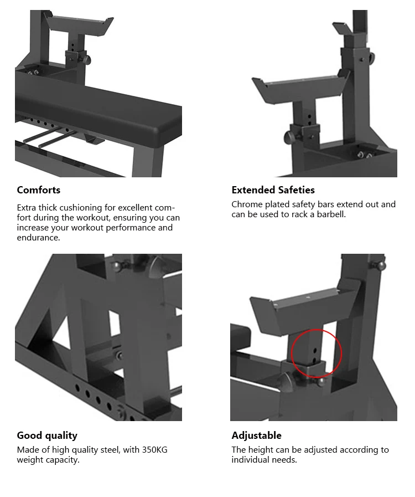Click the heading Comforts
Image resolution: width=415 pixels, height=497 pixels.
[38, 190]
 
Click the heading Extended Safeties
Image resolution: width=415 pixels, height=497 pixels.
[273, 190]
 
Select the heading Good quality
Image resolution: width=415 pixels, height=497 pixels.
[47, 435]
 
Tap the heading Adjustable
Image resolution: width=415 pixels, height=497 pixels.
[256, 435]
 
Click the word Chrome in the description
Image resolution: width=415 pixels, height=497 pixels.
[247, 204]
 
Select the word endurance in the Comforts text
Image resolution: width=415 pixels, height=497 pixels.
[38, 238]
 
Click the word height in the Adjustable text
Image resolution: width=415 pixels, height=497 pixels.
[262, 450]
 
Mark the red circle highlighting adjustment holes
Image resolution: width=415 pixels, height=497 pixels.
[316, 353]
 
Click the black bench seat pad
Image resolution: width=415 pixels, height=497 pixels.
[100, 114]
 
